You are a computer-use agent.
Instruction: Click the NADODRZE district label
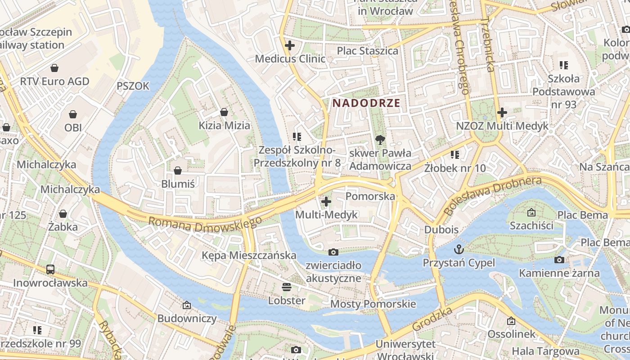[366, 103]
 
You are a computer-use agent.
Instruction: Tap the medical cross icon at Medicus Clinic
[290, 45]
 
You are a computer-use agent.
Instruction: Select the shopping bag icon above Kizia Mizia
[224, 112]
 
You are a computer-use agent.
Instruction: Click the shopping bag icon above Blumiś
[178, 171]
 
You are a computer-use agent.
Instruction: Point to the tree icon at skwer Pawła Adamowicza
[380, 139]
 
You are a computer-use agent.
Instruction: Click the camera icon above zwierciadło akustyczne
[333, 252]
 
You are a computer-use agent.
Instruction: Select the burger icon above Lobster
[287, 287]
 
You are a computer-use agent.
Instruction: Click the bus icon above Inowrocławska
[50, 270]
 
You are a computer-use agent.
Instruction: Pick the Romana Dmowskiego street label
[205, 224]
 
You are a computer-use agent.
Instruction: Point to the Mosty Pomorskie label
[373, 304]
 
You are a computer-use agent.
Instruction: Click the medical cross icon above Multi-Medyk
[326, 202]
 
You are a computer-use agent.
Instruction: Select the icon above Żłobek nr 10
[455, 155]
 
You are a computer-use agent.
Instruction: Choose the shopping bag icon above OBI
[73, 114]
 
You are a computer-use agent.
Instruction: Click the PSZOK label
[133, 86]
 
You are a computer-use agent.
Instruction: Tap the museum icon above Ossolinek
[511, 321]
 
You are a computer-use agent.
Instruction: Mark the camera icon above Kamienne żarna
[559, 260]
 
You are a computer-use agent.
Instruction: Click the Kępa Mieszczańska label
[249, 256]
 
